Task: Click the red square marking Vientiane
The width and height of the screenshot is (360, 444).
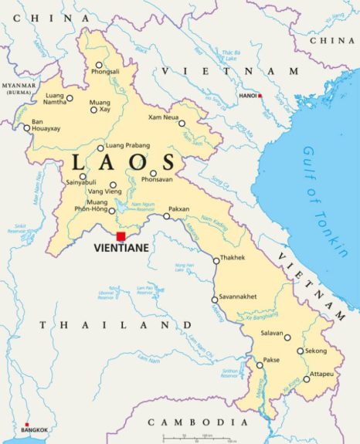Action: click(121, 237)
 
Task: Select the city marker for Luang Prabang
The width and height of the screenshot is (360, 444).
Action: click(100, 148)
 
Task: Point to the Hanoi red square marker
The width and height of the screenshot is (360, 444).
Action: click(260, 96)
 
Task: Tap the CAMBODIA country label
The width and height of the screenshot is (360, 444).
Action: click(192, 422)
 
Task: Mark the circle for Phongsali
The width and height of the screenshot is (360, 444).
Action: click(98, 65)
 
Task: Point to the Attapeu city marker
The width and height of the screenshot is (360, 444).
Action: click(306, 379)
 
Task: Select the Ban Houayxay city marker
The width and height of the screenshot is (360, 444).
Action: click(27, 129)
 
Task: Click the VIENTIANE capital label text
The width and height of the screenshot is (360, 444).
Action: click(121, 249)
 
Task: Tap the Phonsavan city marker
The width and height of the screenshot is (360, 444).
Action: click(153, 173)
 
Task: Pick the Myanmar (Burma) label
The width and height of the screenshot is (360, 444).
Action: click(19, 87)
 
